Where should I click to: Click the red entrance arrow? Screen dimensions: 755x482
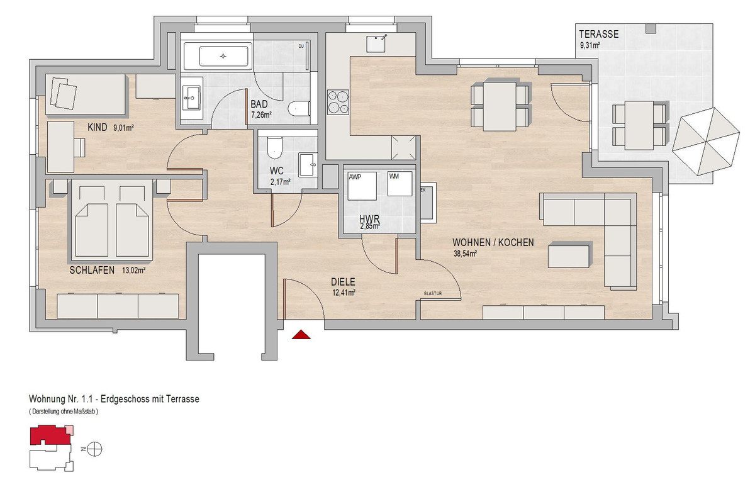point(301,335)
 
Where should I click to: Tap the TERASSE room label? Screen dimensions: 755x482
point(598,34)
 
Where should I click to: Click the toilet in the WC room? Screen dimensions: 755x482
point(274,148)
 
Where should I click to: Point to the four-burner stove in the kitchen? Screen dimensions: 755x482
point(338,102)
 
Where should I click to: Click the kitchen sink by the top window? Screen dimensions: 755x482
point(376,43)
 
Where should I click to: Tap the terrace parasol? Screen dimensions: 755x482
point(706,142)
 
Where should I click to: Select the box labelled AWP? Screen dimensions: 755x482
point(362,186)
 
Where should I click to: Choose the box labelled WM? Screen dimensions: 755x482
point(400,184)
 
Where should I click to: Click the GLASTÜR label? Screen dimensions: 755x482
point(433,294)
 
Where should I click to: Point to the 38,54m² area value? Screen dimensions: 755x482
point(465,254)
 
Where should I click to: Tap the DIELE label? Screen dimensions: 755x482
point(343,282)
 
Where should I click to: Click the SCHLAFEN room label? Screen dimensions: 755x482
point(92,270)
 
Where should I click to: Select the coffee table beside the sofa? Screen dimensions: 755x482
point(569,255)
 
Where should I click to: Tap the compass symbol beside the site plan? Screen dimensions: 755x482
point(94,449)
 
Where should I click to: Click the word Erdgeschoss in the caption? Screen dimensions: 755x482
point(125,399)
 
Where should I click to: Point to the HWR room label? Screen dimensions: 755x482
point(369,220)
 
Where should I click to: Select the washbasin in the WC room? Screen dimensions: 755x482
point(308,165)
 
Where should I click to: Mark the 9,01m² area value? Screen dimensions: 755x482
point(124,128)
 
